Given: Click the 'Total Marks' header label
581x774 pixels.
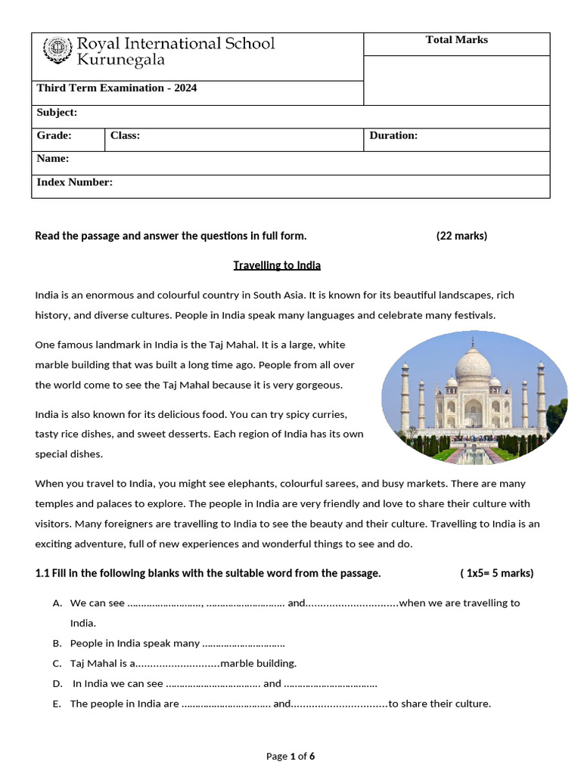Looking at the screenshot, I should (456, 40).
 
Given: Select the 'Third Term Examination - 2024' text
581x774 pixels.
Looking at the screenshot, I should (117, 88).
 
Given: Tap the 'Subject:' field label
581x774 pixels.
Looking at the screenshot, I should (57, 113).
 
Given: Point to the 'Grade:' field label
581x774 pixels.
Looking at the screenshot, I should (54, 136).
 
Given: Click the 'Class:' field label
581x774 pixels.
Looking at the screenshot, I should (125, 136).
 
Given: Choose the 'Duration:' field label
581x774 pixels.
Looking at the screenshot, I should (393, 136).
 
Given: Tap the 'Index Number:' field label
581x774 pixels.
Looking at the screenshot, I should (74, 182).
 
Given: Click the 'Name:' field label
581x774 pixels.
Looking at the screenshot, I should (53, 159).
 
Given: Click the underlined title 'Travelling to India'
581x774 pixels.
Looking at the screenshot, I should (277, 265).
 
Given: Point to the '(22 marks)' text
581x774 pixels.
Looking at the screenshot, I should (461, 236).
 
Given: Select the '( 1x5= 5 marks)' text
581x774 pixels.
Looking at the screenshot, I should (496, 573).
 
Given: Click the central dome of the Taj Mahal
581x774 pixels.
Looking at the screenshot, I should (474, 365).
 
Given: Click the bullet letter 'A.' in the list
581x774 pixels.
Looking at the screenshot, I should (57, 603).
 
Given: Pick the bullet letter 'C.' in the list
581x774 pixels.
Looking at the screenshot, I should (57, 664).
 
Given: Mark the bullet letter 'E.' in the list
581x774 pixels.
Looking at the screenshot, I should (57, 704).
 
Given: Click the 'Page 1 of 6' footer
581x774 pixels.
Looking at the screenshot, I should (290, 756).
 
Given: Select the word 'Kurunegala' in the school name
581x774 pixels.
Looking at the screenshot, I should (121, 60).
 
